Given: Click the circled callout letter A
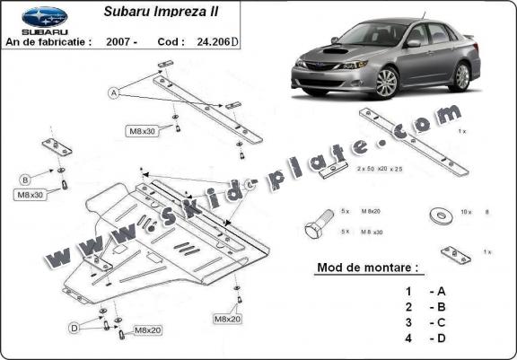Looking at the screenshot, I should [x=114, y=92].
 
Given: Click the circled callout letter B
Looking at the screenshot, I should [x=25, y=178].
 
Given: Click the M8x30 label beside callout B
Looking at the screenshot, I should [x=30, y=194].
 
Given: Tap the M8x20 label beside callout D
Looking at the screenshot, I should [x=148, y=331].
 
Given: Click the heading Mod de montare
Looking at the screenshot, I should [x=369, y=268].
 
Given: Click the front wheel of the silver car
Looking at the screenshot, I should [x=386, y=83].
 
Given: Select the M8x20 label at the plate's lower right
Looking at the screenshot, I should [x=227, y=318].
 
